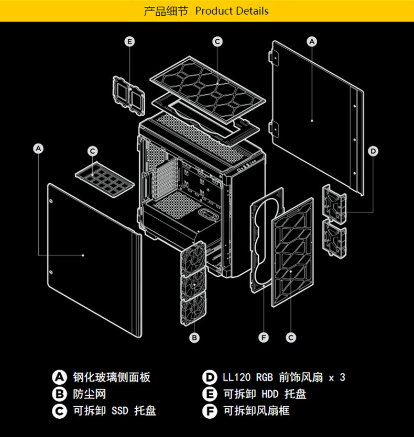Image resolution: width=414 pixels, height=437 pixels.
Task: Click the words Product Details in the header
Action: (x=232, y=11)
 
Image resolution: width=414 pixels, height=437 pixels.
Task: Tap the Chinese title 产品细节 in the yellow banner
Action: (x=166, y=11)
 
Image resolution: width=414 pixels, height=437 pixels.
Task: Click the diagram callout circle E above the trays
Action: (x=129, y=41)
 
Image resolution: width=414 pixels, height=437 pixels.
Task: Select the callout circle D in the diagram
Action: (x=373, y=151)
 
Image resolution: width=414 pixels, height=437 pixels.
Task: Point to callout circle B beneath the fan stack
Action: (x=194, y=338)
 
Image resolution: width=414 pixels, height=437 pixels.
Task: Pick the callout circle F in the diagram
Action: (x=264, y=338)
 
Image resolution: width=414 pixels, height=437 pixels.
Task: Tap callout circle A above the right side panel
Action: (x=312, y=41)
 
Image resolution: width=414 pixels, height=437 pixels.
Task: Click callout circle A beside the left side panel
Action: (x=38, y=149)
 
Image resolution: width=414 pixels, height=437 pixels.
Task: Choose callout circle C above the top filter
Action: (x=217, y=41)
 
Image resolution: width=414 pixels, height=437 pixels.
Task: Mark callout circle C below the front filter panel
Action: (x=291, y=338)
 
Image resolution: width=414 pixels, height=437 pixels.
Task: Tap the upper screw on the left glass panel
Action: (x=51, y=201)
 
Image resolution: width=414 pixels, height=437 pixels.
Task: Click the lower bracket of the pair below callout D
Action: (x=334, y=239)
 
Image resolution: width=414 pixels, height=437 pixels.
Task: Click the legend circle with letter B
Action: (x=59, y=394)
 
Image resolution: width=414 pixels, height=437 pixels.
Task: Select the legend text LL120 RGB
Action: (x=248, y=377)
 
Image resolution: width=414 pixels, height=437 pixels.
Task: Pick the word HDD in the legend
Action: (x=270, y=394)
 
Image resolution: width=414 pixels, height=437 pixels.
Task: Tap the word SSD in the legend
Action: (x=120, y=411)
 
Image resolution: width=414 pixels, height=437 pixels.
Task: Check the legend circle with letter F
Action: (x=210, y=411)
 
